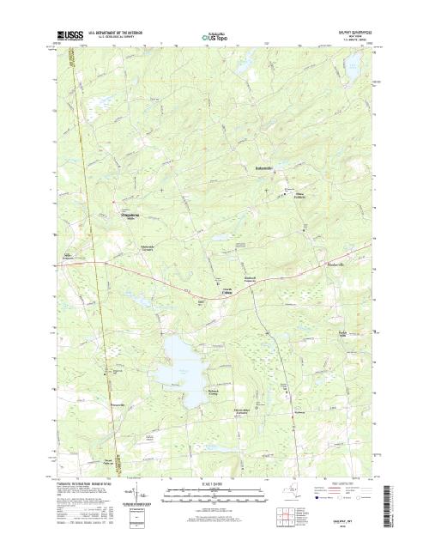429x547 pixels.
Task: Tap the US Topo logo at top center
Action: (214, 37)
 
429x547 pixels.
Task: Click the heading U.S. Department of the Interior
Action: (106, 32)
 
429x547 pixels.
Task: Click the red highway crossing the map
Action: (214, 292)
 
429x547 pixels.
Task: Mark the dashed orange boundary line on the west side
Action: (82, 258)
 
